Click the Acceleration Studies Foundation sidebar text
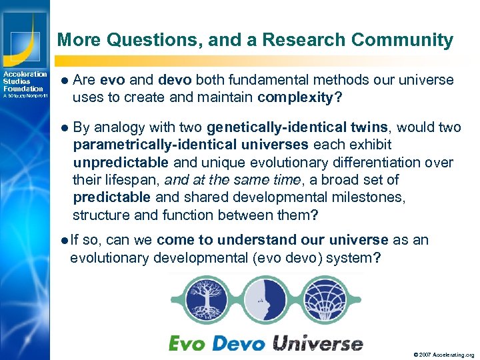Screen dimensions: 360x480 pyautogui.click(x=25, y=81)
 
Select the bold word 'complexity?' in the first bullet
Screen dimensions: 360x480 pyautogui.click(x=300, y=98)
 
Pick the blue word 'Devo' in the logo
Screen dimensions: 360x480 pyautogui.click(x=238, y=343)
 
